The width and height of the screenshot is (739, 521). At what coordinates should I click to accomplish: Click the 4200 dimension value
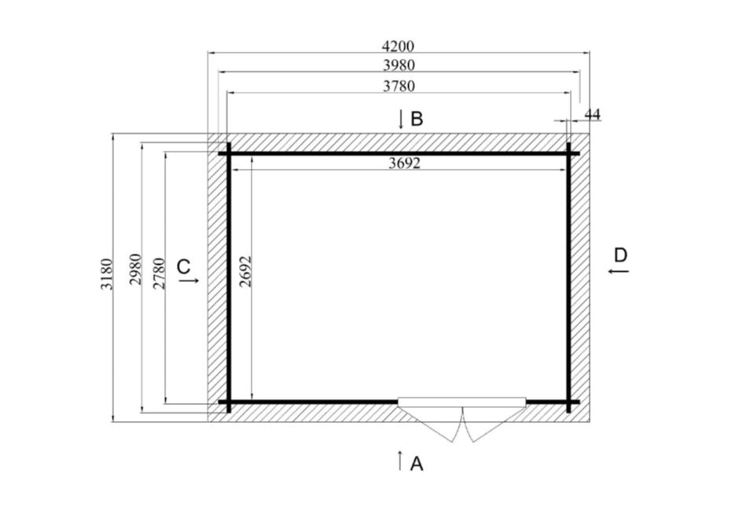[x=399, y=46]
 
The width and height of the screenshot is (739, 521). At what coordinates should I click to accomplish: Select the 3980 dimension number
[x=399, y=65]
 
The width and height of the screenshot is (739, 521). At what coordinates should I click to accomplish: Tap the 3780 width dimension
[x=399, y=86]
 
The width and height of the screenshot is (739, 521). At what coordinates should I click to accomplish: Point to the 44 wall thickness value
[x=593, y=114]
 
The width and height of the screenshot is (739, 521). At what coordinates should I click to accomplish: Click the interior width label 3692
[x=404, y=163]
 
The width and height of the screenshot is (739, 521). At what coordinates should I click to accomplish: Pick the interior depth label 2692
[x=246, y=271]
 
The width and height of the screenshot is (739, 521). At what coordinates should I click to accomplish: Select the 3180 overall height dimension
[x=106, y=274]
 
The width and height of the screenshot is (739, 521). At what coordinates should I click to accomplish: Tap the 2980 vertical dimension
[x=136, y=270]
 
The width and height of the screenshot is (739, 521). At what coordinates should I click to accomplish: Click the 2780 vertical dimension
[x=160, y=273]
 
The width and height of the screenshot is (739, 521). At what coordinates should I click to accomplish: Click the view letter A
[x=417, y=464]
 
